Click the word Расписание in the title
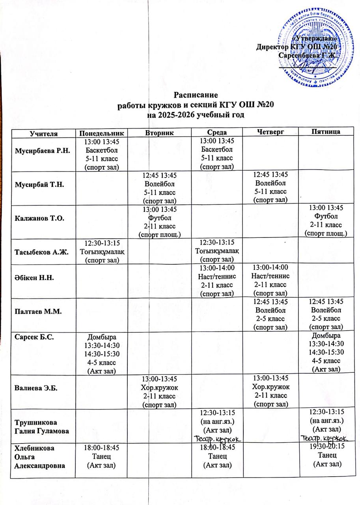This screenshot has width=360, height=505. [x=196, y=95]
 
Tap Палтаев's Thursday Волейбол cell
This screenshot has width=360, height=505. [x=270, y=314]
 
